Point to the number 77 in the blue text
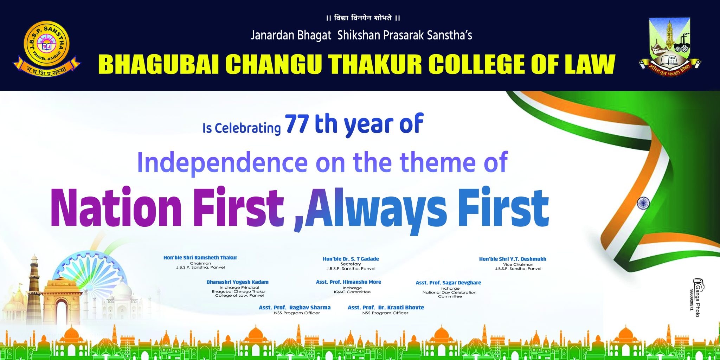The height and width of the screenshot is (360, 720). [297, 124]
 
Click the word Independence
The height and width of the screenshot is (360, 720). [222, 163]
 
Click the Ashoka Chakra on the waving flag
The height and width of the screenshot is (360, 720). [643, 203]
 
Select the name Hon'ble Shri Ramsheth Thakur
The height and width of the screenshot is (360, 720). [200, 258]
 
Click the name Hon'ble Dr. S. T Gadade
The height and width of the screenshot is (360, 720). [351, 259]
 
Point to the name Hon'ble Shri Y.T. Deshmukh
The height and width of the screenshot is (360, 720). [513, 259]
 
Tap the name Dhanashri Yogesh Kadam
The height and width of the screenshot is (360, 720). [238, 282]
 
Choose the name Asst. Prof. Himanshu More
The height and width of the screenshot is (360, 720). [348, 282]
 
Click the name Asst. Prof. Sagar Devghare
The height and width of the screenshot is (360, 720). [448, 283]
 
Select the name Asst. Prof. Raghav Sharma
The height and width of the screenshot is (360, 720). [295, 308]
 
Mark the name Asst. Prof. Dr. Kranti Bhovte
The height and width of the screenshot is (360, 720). [386, 308]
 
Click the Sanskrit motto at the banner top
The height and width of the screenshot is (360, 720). [363, 18]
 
